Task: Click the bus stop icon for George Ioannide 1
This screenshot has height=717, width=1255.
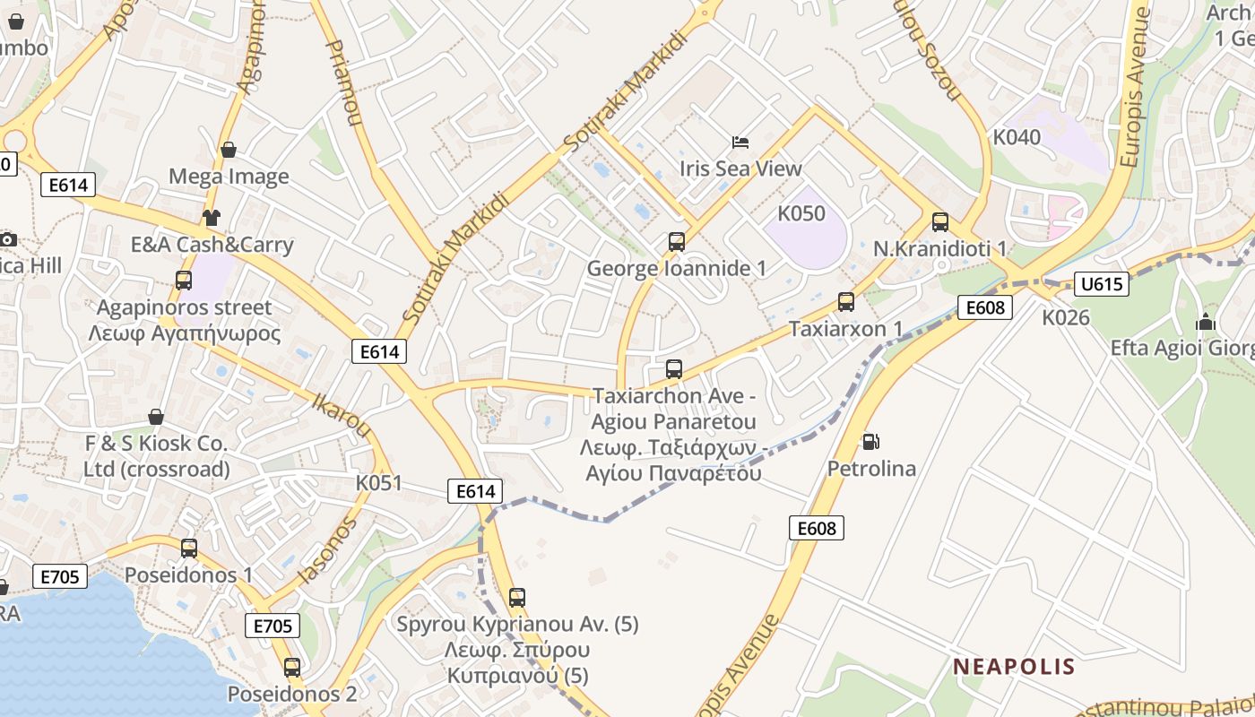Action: (677, 242)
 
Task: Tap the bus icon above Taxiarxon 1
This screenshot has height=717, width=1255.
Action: (846, 302)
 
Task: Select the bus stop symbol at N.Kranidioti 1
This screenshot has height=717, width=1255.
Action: (940, 222)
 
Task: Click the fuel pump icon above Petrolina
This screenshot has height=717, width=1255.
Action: (870, 442)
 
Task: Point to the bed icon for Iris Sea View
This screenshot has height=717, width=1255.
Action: (740, 142)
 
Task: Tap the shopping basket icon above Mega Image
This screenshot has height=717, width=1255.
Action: (229, 150)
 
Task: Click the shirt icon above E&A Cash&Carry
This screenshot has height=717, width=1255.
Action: (212, 217)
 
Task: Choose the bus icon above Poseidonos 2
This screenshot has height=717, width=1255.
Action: (292, 668)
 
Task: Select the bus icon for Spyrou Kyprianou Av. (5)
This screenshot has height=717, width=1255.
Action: (517, 598)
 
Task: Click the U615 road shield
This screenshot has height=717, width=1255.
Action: (1101, 284)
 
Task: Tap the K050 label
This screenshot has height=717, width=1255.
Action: (801, 213)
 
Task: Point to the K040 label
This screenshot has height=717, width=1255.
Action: (1017, 137)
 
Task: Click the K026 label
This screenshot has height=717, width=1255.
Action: (1066, 317)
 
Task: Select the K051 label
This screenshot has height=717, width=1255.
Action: (379, 482)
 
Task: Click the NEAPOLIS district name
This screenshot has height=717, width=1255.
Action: (1014, 666)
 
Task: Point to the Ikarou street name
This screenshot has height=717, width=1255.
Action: (342, 413)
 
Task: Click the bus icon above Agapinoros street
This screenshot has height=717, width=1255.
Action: (184, 281)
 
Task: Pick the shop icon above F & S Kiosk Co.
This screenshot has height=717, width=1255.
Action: (156, 417)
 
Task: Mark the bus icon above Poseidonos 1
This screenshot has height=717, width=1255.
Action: (189, 548)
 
